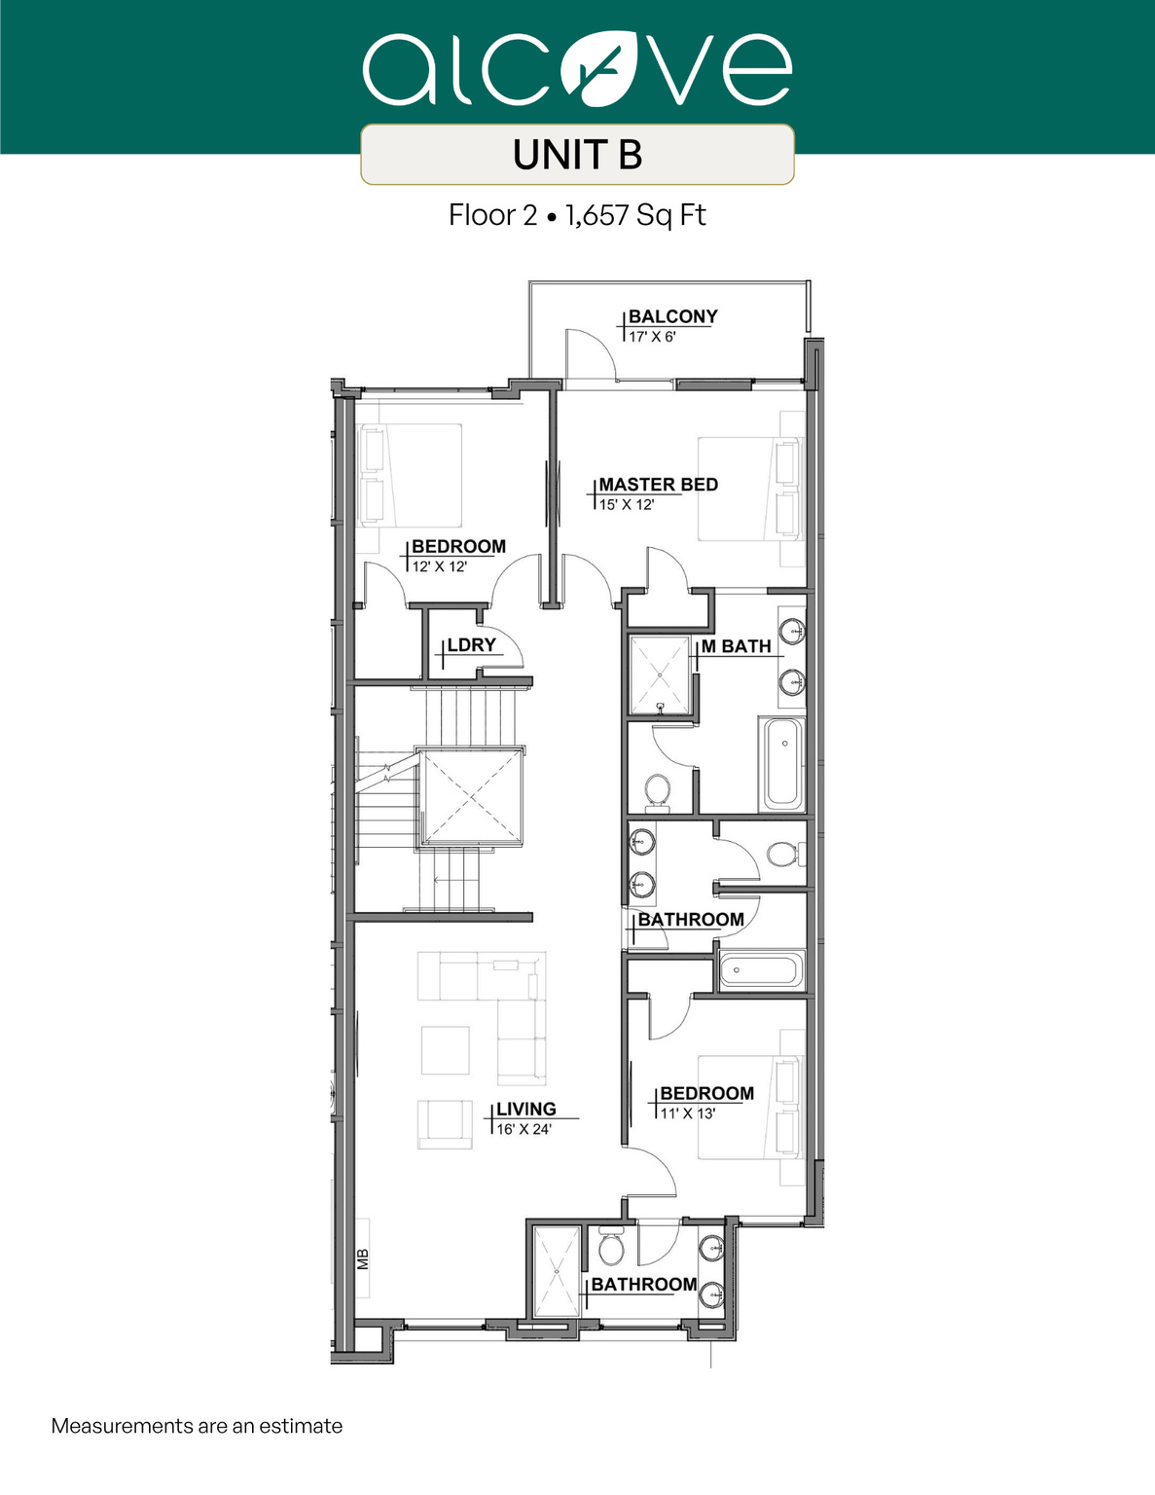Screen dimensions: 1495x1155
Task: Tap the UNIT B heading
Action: (577, 155)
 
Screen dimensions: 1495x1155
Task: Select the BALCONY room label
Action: (672, 316)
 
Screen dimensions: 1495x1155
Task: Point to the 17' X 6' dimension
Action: (652, 337)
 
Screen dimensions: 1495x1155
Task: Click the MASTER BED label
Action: (658, 485)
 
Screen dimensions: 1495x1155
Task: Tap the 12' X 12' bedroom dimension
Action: (440, 566)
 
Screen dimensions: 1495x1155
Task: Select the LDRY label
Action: (471, 645)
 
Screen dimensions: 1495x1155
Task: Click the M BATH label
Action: (737, 646)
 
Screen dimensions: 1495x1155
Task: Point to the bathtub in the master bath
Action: (782, 764)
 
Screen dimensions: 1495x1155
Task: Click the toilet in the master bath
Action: (658, 791)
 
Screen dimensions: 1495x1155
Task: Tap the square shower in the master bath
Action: (660, 675)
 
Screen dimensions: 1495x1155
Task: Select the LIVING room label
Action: (525, 1110)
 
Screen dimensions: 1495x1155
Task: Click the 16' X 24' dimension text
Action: (523, 1129)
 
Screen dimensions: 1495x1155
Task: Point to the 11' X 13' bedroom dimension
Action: (688, 1113)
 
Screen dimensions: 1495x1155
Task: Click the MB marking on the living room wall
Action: (363, 1259)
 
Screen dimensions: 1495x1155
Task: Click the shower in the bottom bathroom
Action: (557, 1270)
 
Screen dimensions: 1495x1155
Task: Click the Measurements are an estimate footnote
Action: (197, 1426)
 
